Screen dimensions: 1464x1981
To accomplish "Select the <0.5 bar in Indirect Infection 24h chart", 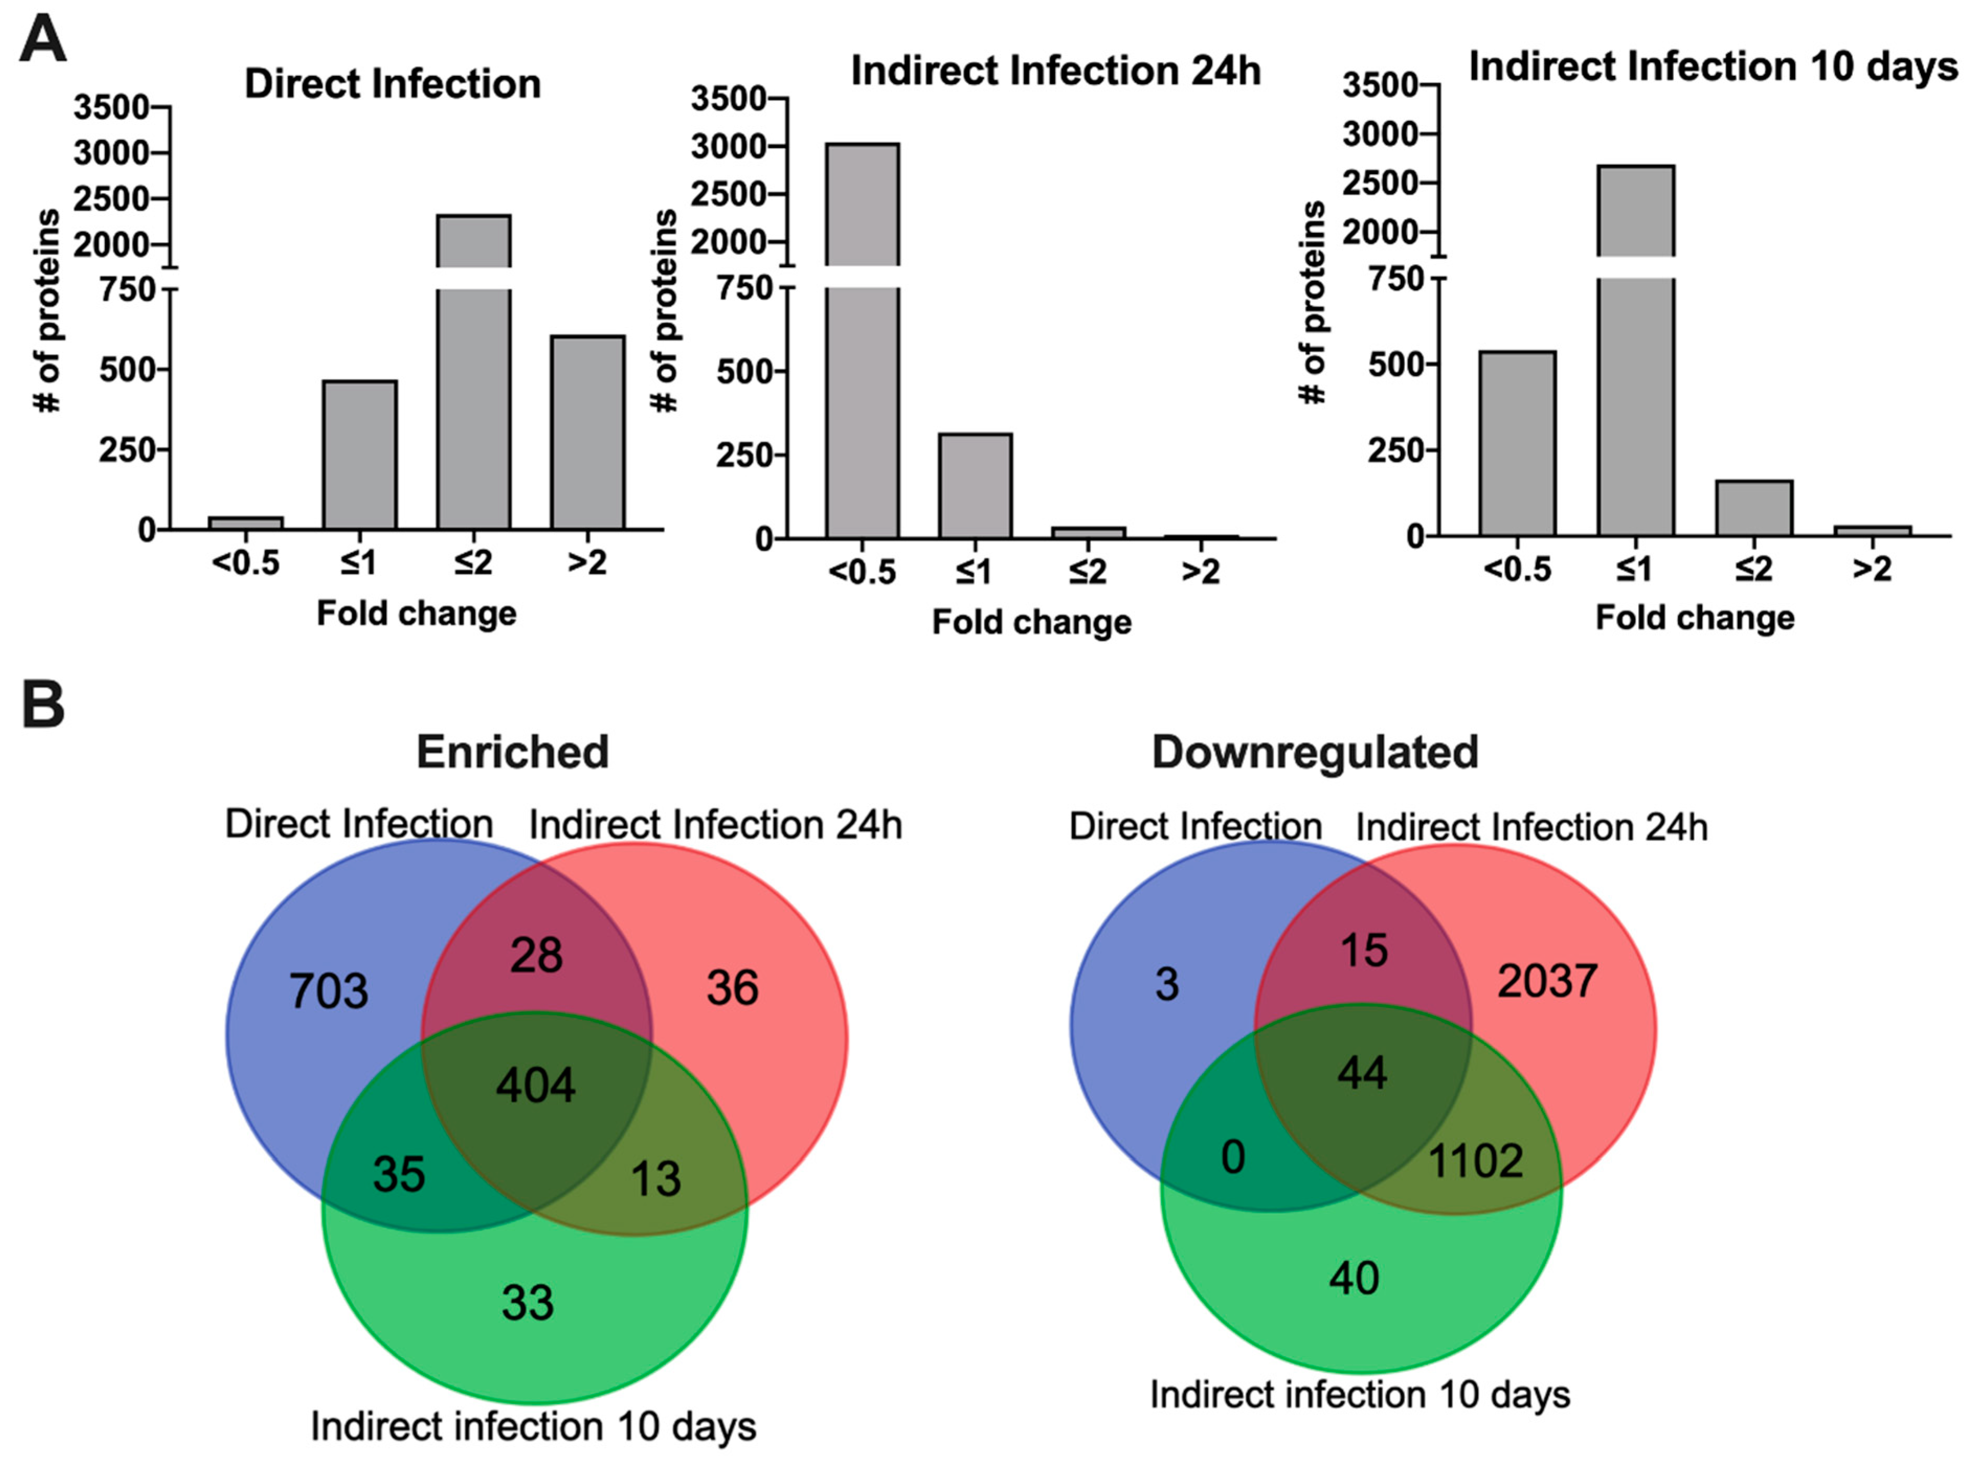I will click(x=862, y=407).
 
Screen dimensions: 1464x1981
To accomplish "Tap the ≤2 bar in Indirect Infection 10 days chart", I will click(x=1753, y=508).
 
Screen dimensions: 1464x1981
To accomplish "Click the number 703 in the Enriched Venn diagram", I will click(x=328, y=991).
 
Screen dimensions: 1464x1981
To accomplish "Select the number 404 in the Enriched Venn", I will click(x=535, y=1085).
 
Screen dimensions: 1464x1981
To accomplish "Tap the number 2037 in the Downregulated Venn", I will click(x=1547, y=981).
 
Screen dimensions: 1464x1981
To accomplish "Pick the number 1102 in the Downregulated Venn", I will click(x=1475, y=1160).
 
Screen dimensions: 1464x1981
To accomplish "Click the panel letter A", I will click(x=42, y=40).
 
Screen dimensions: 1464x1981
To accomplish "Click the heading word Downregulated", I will click(x=1314, y=752).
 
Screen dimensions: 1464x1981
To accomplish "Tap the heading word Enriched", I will click(x=512, y=752).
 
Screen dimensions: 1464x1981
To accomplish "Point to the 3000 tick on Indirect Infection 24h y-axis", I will click(x=728, y=146).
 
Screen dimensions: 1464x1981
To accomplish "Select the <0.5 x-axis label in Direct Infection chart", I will click(x=245, y=562).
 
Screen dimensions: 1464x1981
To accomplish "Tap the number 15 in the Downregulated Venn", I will click(x=1363, y=950).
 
